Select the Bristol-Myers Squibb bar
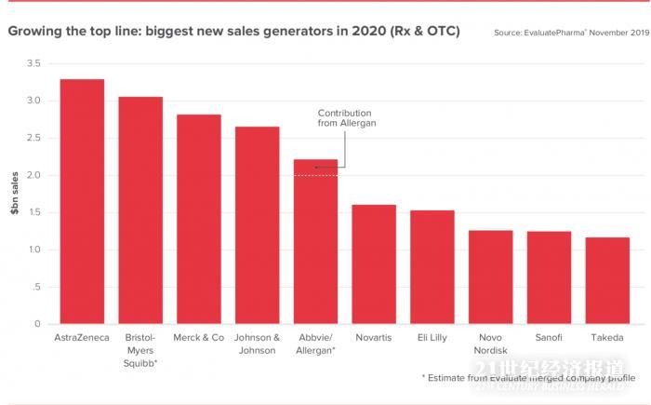click(x=140, y=210)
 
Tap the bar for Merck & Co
click(x=199, y=220)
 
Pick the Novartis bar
click(x=374, y=264)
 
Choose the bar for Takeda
click(x=607, y=281)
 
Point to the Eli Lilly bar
click(x=432, y=267)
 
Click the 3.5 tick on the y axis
click(x=33, y=63)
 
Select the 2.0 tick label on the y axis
click(x=33, y=175)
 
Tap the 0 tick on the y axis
click(x=38, y=324)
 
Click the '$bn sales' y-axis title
click(x=14, y=194)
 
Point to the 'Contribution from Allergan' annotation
click(x=347, y=117)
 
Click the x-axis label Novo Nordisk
click(x=490, y=344)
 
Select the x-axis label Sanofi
click(x=549, y=338)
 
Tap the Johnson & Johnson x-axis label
click(x=257, y=344)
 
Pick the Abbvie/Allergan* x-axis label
click(x=315, y=344)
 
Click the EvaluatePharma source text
click(x=571, y=33)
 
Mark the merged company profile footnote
click(x=528, y=378)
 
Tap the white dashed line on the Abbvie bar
click(x=315, y=175)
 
